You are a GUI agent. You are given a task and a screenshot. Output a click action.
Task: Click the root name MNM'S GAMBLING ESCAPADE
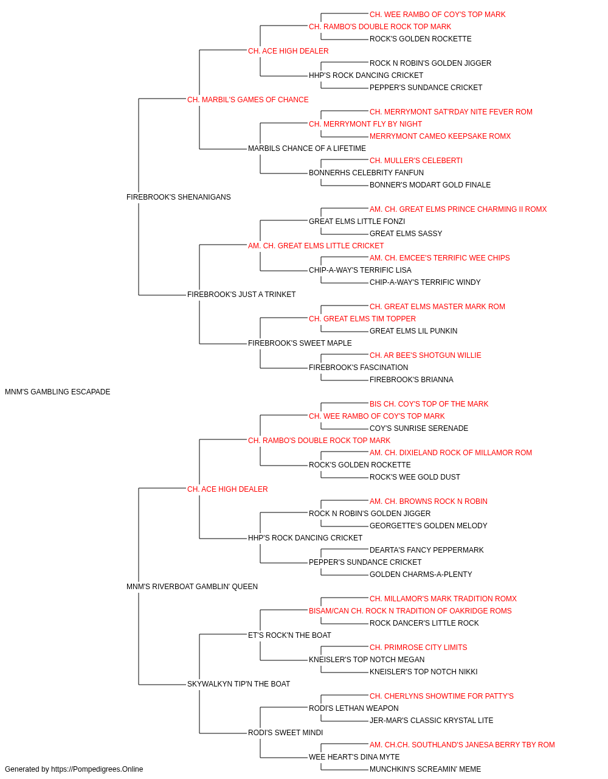58,392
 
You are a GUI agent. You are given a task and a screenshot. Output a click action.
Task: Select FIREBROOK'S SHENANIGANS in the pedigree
178,197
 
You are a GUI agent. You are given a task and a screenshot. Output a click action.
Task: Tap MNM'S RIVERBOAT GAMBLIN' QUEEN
192,587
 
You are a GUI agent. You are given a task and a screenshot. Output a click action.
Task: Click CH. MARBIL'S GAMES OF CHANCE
248,100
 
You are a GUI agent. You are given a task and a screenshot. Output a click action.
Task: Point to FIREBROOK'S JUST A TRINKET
241,295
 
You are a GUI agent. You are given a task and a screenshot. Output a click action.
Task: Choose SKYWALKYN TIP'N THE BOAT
238,684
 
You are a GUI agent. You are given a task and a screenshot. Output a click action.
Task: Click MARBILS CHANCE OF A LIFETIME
307,148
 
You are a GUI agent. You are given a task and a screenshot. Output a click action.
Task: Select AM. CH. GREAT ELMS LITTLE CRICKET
316,245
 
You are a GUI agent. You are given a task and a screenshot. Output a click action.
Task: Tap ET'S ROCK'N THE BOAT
289,635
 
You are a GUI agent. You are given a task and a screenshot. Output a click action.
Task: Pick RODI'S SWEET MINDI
285,733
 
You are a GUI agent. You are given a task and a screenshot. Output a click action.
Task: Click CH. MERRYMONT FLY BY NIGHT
365,124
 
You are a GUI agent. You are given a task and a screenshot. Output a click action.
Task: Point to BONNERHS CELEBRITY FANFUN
366,173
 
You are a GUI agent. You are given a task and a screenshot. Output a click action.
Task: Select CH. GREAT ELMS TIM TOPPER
362,319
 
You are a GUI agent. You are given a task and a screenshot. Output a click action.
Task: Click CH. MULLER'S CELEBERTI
416,161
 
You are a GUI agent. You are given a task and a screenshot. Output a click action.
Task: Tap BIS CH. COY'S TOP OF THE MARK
429,404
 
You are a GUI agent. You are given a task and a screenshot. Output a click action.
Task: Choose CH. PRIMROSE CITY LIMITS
418,648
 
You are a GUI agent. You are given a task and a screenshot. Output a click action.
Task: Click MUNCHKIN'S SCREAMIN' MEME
425,769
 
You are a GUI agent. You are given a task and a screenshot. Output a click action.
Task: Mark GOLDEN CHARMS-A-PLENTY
421,575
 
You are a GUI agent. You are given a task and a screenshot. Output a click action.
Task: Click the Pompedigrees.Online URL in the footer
97,769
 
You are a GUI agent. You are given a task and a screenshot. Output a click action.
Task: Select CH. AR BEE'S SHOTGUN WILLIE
426,355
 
